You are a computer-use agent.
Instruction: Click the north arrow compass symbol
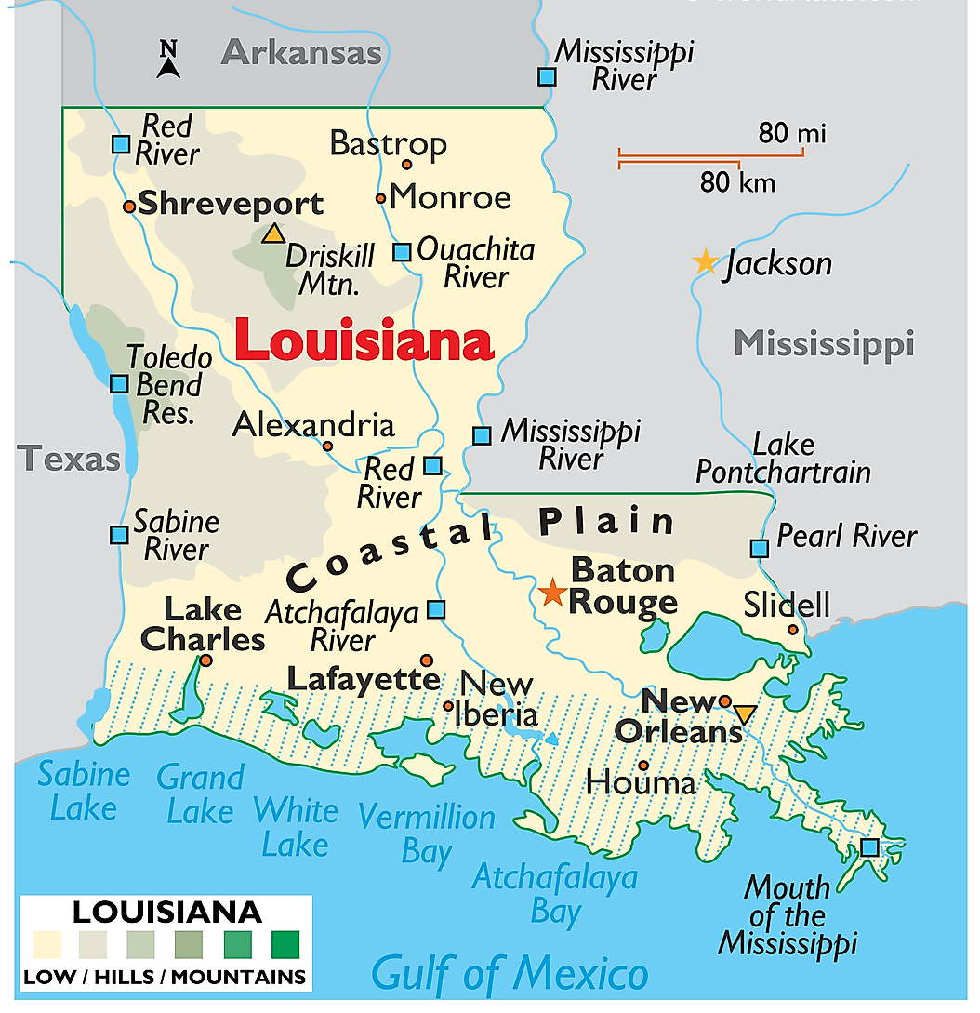[167, 60]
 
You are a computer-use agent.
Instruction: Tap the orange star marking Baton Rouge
[553, 591]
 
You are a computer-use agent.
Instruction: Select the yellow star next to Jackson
[706, 262]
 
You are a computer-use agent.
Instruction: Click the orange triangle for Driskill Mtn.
[272, 233]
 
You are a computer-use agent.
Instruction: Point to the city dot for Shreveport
[129, 206]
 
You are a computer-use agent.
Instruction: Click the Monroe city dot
[380, 198]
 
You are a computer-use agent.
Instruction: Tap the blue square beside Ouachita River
[402, 252]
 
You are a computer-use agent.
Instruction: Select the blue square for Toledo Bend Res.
[119, 383]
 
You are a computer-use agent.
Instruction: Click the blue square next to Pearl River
[760, 548]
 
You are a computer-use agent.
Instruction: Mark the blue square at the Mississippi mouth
[869, 847]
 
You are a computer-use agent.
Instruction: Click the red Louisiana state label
[363, 340]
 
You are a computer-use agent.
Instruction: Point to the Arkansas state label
[302, 52]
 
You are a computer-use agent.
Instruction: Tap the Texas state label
[71, 459]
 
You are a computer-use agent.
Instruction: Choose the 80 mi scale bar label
[791, 133]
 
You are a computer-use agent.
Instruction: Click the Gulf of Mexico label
[510, 973]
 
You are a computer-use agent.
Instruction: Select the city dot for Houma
[643, 766]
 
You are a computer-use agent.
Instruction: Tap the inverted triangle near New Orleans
[745, 714]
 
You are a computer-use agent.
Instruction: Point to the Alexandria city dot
[327, 446]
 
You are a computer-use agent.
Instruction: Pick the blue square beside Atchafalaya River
[436, 610]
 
